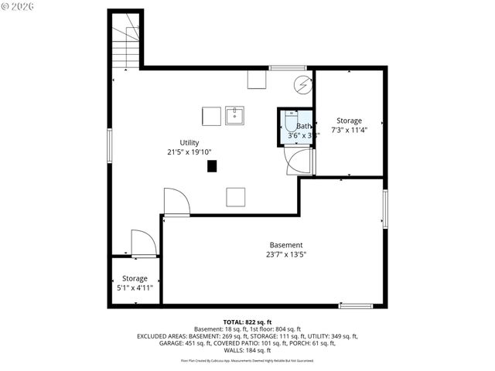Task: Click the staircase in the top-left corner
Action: click(125, 45)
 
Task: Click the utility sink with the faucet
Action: click(235, 116)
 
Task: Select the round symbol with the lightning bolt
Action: click(302, 83)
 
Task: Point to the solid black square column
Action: click(211, 165)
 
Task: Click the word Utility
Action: click(189, 142)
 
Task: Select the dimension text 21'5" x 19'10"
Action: click(189, 152)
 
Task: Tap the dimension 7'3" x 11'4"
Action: click(349, 130)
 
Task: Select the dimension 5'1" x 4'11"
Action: click(134, 288)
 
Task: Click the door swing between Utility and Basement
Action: click(177, 203)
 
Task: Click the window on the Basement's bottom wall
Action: click(356, 306)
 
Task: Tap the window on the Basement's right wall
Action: click(385, 209)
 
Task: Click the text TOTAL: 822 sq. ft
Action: click(247, 322)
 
